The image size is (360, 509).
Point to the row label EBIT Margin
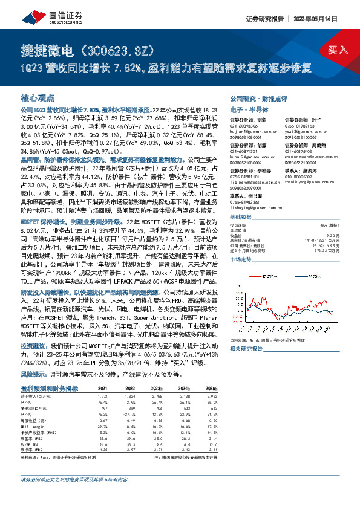[50, 426]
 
